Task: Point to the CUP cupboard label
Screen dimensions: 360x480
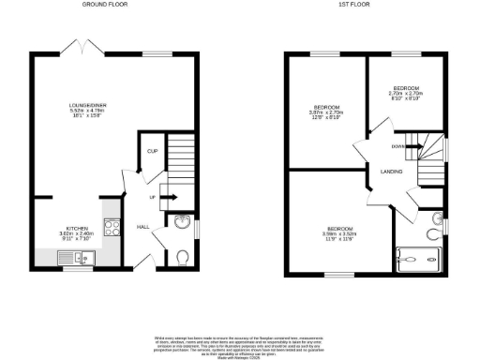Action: (x=152, y=150)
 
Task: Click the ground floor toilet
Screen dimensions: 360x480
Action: (x=183, y=256)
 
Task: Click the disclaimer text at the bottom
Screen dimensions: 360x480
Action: (x=241, y=344)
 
